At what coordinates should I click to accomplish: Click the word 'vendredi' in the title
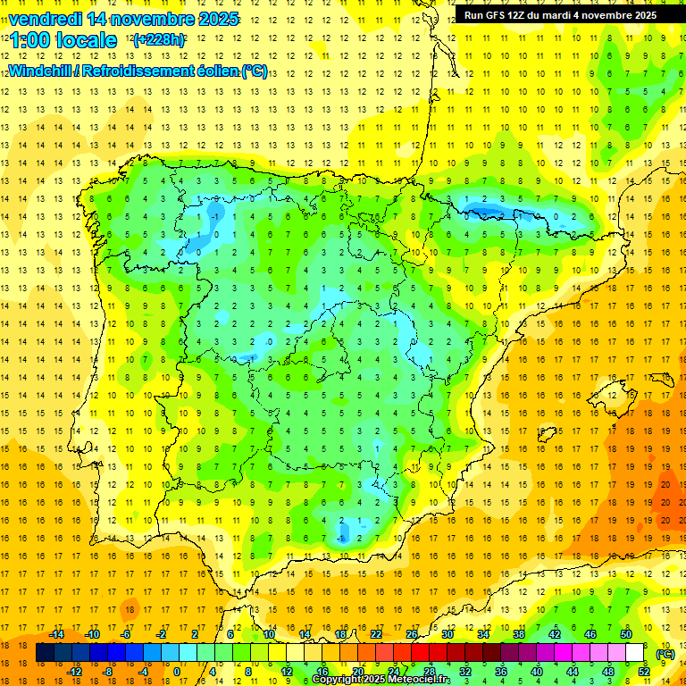pos(43,19)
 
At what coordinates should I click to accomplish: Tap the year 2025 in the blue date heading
pos(213,19)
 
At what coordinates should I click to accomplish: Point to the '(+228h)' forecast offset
pos(159,40)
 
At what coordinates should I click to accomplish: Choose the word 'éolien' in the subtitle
pos(211,71)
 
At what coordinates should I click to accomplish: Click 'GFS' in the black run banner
pos(497,15)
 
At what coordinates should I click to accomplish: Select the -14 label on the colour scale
pos(57,634)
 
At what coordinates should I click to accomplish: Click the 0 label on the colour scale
pos(176,672)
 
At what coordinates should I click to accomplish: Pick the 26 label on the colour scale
pos(411,634)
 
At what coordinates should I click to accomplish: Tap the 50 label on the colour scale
pos(626,634)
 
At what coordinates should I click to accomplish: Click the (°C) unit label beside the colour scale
pos(665,654)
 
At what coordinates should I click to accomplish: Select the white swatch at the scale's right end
pos(635,653)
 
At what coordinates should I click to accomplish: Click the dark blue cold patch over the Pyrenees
pos(488,211)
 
